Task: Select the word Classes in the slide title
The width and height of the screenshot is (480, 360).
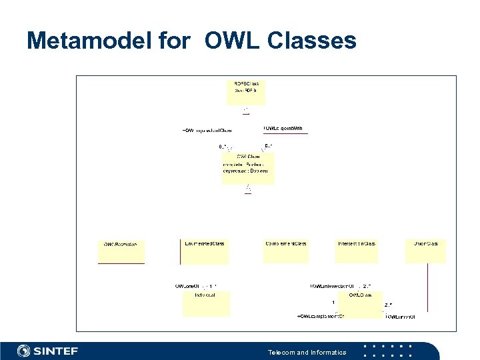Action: [x=311, y=41]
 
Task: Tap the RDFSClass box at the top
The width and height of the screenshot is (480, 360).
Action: [x=246, y=92]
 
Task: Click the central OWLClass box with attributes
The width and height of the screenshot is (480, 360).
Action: [x=247, y=167]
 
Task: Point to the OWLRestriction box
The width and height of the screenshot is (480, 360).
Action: [x=121, y=251]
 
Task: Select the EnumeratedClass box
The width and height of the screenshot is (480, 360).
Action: [x=205, y=250]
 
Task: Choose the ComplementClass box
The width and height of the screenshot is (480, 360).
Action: [x=286, y=250]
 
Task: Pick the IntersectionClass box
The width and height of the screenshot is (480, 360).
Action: [x=357, y=250]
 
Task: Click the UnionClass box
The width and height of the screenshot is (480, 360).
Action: [x=427, y=250]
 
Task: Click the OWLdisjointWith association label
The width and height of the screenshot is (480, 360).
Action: [x=283, y=128]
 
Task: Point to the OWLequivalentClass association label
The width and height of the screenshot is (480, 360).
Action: [x=207, y=130]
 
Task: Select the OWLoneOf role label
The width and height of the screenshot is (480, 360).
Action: [x=188, y=286]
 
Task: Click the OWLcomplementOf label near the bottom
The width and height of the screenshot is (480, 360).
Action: [x=320, y=316]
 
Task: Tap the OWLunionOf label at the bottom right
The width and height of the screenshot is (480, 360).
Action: [x=401, y=316]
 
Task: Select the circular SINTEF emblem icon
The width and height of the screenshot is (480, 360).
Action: [x=24, y=351]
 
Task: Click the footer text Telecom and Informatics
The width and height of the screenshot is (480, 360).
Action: [x=307, y=352]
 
